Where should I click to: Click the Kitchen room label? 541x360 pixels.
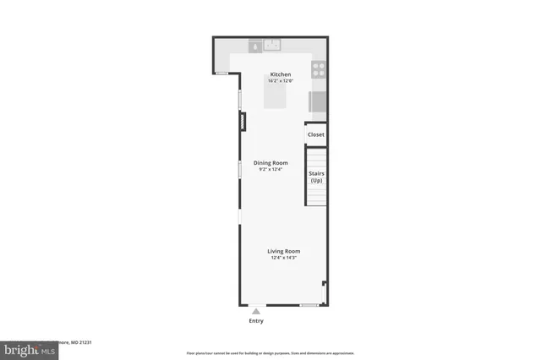tap(281, 74)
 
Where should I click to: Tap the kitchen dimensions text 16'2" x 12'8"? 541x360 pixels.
tap(281, 81)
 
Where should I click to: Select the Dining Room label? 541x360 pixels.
tap(270, 162)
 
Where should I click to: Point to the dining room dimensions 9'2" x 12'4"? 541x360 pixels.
tap(270, 169)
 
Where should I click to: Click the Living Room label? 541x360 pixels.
tap(284, 251)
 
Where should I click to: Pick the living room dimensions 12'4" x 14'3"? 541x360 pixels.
tap(284, 258)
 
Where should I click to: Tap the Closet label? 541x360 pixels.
tap(315, 134)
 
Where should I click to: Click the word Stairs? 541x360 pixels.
tap(316, 174)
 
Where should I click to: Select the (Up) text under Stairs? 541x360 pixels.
tap(316, 181)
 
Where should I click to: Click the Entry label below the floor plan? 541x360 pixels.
tap(256, 321)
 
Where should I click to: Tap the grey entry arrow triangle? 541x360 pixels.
tap(256, 311)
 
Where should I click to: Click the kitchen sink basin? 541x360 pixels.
tap(272, 46)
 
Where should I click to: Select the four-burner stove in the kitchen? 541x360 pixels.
tap(320, 69)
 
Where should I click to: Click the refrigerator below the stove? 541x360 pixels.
tap(318, 101)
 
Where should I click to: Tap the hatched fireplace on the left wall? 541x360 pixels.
tap(241, 122)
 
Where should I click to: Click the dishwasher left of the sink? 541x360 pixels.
tap(255, 46)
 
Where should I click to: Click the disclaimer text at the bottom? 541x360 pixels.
tap(270, 353)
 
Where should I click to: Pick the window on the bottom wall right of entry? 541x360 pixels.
tap(309, 304)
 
